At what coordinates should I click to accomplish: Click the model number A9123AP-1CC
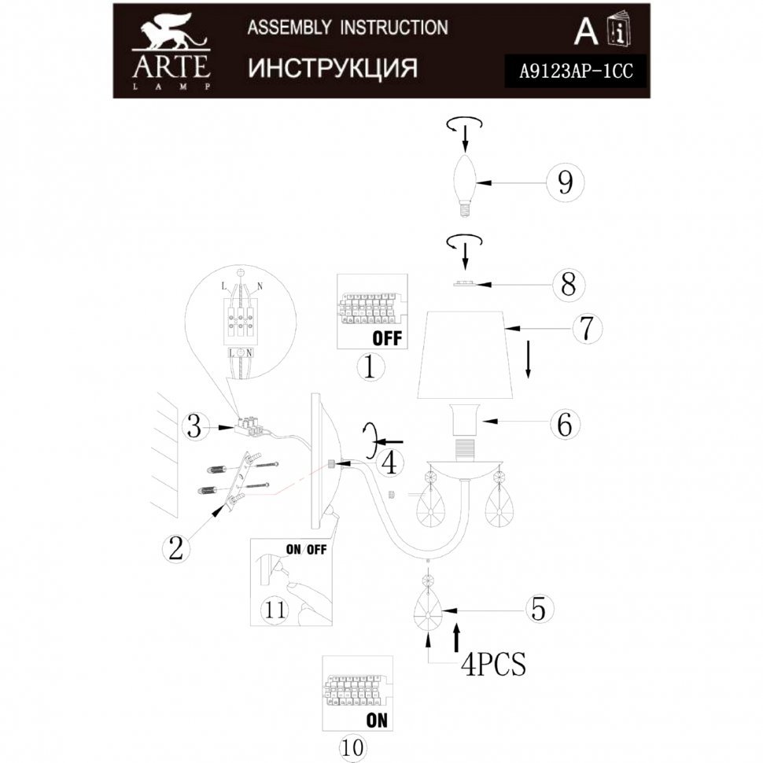click(576, 72)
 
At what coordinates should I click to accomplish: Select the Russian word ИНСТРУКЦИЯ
click(333, 68)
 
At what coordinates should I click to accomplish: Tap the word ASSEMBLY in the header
click(289, 28)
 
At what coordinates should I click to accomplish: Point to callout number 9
click(565, 182)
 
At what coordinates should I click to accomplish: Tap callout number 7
click(587, 328)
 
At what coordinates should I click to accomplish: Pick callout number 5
click(538, 608)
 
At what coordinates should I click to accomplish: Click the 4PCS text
click(493, 663)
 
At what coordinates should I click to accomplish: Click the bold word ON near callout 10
click(377, 720)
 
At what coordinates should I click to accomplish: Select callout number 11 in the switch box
click(275, 610)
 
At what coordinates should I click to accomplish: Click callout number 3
click(194, 427)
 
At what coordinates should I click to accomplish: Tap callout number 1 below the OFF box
click(370, 367)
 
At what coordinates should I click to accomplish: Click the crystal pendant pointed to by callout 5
click(428, 603)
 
